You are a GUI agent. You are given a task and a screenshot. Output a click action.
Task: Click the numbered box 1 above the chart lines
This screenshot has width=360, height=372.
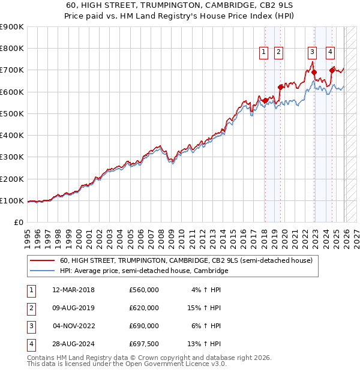tap(265, 52)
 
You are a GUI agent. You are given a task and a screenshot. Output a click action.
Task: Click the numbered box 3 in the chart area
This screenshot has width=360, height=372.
tap(312, 52)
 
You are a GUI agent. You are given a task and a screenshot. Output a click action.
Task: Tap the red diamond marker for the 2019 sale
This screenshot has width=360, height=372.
tap(280, 87)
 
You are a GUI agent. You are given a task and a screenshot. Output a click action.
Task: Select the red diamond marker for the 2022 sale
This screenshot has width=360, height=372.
tap(314, 72)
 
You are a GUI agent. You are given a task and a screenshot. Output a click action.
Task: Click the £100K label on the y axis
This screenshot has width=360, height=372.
tap(12, 200)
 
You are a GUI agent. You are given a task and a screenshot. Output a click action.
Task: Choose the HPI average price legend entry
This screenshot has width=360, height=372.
tap(144, 271)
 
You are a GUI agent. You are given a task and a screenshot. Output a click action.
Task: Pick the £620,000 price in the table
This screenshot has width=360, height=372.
tap(144, 308)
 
